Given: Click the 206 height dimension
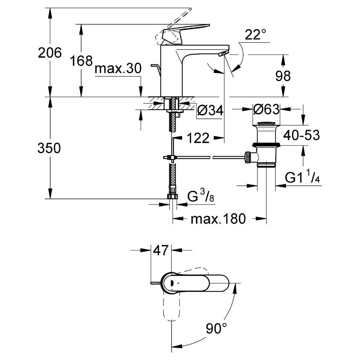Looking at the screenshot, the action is (50, 53).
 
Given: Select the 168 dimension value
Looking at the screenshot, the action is (81, 61).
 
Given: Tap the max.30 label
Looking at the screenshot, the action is (118, 68).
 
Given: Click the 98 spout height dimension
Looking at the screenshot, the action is (283, 76).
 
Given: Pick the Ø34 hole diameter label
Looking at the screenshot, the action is (210, 111).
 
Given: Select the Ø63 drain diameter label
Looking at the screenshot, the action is (266, 109).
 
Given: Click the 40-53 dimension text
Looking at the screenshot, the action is (301, 135).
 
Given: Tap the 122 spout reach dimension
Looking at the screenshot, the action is (198, 138).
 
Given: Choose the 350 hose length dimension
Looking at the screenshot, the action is (49, 148).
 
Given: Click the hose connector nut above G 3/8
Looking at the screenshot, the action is (173, 197).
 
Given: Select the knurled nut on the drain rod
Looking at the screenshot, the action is (248, 158).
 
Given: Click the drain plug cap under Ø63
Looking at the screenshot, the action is (266, 124).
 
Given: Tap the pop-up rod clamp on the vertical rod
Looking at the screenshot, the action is (170, 158).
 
